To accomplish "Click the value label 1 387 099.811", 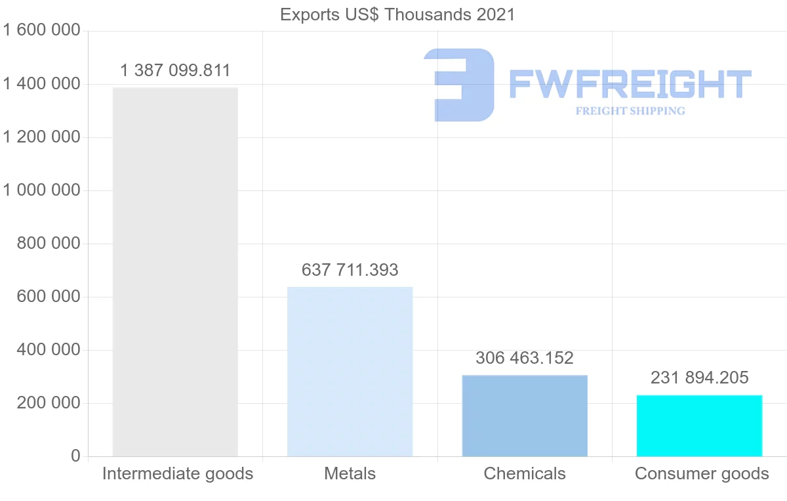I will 176,71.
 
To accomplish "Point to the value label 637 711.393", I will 350,270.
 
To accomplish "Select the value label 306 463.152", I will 525,358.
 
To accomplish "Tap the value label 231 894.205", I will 699,378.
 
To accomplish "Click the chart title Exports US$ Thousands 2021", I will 397,14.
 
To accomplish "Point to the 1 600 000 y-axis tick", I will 42,31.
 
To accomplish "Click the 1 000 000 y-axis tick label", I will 42,190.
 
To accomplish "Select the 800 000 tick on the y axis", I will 49,244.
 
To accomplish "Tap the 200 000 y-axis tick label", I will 49,403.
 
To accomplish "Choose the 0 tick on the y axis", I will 75,456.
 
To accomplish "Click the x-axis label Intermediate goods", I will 178,473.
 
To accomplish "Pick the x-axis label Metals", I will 350,473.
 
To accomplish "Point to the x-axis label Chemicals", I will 525,473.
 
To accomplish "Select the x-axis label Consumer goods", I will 702,473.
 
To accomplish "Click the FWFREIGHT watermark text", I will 630,85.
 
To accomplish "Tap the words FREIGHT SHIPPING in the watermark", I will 630,111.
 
